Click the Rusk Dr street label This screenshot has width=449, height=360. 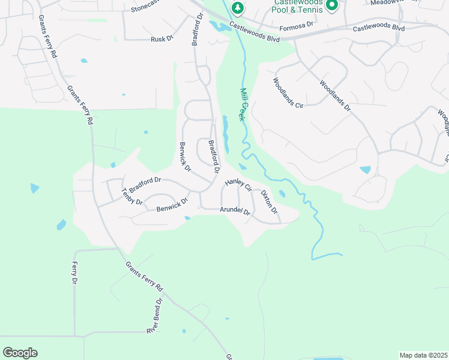(x=161, y=39)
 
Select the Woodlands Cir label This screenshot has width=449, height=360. (x=288, y=93)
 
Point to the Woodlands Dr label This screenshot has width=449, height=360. (x=334, y=95)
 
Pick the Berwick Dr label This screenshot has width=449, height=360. (x=185, y=157)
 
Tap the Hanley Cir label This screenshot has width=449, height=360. (x=237, y=185)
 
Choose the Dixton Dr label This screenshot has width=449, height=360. (x=269, y=202)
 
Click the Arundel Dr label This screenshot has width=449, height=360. (x=235, y=211)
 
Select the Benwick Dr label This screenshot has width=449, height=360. (x=172, y=208)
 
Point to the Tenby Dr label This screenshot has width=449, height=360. (x=131, y=197)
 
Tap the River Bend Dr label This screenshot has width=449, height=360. (x=155, y=317)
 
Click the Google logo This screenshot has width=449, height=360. (x=20, y=353)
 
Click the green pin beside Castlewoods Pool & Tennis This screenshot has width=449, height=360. (x=331, y=6)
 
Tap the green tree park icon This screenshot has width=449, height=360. (x=238, y=8)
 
